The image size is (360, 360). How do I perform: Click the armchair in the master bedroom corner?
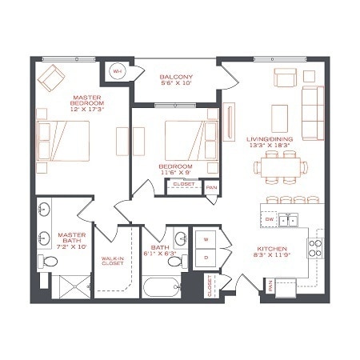coord(53,77)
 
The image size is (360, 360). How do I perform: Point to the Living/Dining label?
coord(270,142)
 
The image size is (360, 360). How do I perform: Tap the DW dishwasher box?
coord(270,218)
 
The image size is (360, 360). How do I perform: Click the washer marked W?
coord(206,239)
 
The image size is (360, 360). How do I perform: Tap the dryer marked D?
coord(206,258)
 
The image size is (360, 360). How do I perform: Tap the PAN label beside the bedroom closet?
coord(211,187)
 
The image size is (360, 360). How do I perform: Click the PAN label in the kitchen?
coord(271,285)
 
